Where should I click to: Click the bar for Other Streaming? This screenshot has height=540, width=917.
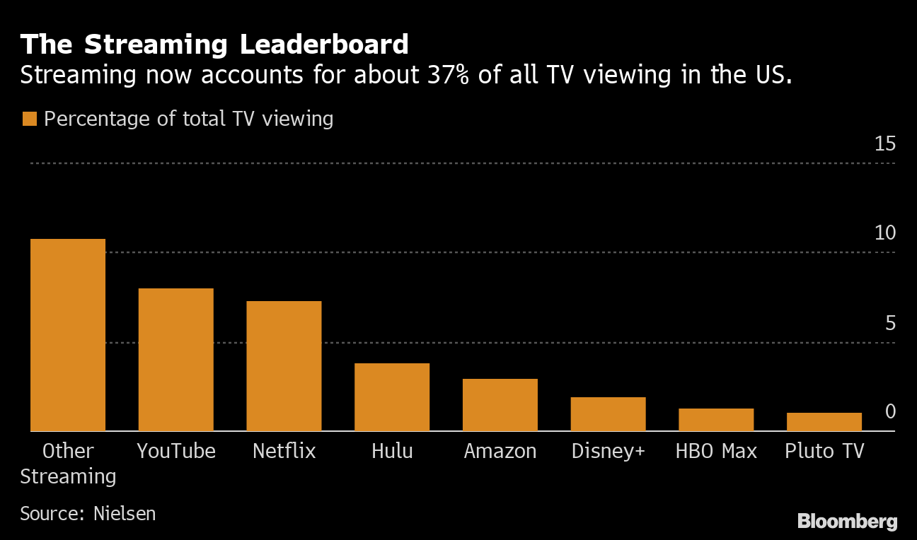67,335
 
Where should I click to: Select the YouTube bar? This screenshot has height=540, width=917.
175,360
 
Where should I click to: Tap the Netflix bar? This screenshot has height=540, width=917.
284,366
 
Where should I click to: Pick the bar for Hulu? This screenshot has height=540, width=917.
392,397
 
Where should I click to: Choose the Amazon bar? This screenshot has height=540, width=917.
500,405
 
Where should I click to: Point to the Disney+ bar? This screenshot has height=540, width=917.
608,414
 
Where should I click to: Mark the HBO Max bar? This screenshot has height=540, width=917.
716,420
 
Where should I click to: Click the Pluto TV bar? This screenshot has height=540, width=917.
824,422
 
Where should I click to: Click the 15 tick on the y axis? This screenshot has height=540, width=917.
884,144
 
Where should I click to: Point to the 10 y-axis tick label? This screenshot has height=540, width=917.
884,233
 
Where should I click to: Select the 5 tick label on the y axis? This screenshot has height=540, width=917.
890,323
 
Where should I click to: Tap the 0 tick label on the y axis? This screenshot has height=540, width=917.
890,411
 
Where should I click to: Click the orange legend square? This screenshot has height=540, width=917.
29,119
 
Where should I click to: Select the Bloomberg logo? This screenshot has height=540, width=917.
847,522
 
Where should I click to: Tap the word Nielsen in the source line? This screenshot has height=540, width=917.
125,513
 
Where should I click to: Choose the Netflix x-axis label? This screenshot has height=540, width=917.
284,451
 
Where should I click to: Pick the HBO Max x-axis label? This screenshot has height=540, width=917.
716,451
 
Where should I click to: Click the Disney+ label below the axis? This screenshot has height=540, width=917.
608,451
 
